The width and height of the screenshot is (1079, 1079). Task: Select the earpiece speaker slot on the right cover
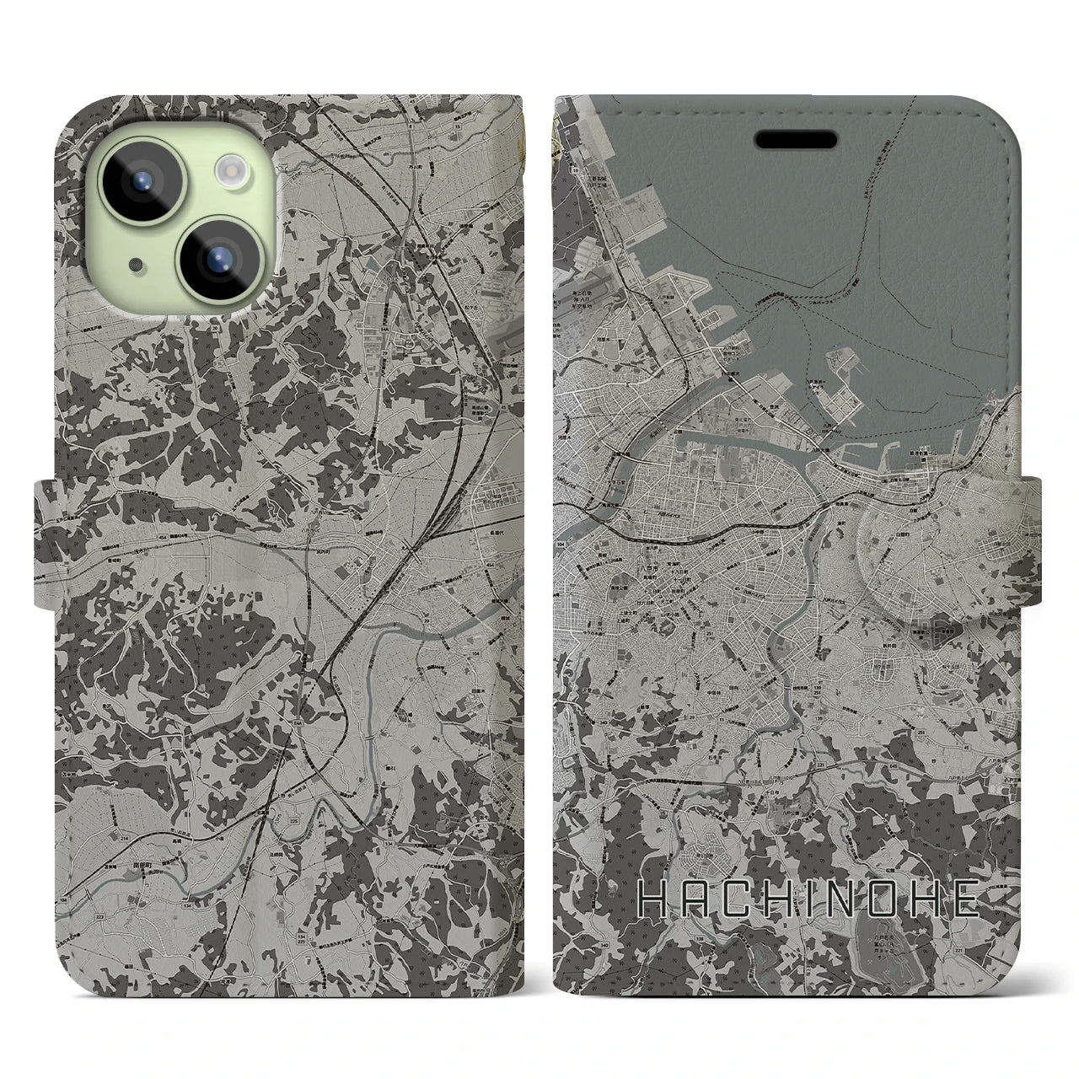[x=795, y=138]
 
